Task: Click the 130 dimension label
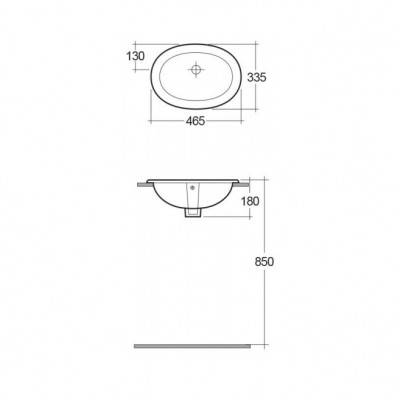coord(135,56)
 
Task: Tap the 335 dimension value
coord(257,77)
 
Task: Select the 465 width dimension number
coord(195,121)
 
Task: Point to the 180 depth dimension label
coord(250,201)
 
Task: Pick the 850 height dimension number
coord(264,262)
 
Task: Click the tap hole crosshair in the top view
coord(196,70)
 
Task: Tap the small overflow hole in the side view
coord(192,187)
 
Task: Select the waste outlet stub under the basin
coord(193,213)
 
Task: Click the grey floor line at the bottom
coord(192,346)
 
